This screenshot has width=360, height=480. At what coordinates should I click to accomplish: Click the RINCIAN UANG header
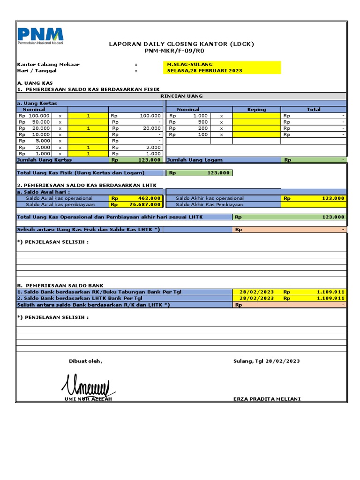[x=181, y=96]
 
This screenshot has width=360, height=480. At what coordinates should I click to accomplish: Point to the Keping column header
[x=256, y=109]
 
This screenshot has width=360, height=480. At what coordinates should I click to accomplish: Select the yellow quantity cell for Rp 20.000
[x=89, y=128]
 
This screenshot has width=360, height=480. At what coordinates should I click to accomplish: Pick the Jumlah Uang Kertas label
[x=41, y=160]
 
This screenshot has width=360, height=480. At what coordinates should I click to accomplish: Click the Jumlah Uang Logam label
[x=195, y=160]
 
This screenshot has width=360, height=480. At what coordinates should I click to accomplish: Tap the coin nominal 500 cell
[x=202, y=122]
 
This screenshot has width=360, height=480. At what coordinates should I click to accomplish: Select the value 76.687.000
[x=145, y=204]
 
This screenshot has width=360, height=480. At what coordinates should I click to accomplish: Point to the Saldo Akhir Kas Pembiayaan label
[x=209, y=204]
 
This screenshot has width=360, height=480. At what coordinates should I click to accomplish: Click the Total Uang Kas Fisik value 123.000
[x=219, y=173]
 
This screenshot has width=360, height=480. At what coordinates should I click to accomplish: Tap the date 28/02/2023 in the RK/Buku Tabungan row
[x=256, y=292]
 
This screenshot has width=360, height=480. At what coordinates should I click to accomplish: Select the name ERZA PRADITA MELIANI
[x=267, y=399]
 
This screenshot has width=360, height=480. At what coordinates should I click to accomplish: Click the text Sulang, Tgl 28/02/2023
[x=266, y=361]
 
